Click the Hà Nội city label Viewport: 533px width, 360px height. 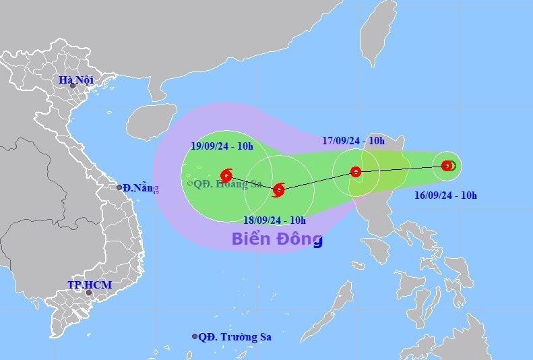click(x=75, y=80)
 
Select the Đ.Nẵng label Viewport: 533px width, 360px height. click(x=140, y=187)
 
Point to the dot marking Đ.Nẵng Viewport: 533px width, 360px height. click(x=119, y=187)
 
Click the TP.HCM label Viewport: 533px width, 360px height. click(x=89, y=285)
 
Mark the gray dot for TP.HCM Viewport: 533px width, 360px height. click(x=88, y=293)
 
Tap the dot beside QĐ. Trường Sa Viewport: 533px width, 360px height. click(x=195, y=336)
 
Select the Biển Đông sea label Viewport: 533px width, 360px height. click(x=277, y=239)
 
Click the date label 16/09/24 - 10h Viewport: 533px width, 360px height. click(x=445, y=196)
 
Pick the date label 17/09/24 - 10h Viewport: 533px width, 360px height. click(x=353, y=141)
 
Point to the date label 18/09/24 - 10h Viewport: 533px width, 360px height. click(x=274, y=220)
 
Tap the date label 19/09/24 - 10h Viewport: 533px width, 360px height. click(x=221, y=146)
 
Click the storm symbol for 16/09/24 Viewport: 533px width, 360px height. click(x=447, y=165)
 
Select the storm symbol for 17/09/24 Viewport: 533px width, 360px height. click(x=356, y=172)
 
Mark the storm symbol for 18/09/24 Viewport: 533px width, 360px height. click(x=278, y=190)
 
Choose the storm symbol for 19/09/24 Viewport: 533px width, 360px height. click(x=226, y=176)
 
